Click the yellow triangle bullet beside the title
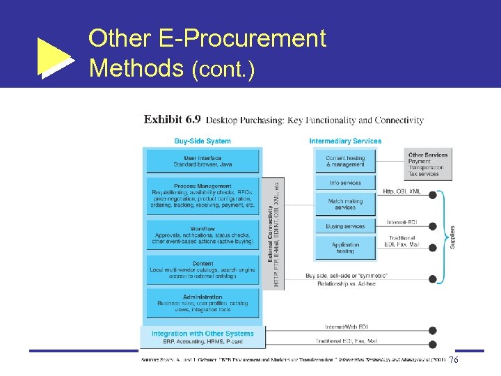pyautogui.click(x=54, y=58)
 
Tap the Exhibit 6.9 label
pyautogui.click(x=173, y=120)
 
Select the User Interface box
pyautogui.click(x=202, y=162)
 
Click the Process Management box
pyautogui.click(x=202, y=196)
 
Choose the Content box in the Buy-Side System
pyautogui.click(x=202, y=269)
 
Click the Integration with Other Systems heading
pyautogui.click(x=202, y=334)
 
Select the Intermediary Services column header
pyautogui.click(x=345, y=141)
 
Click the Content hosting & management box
pyautogui.click(x=345, y=162)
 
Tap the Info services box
pyautogui.click(x=345, y=183)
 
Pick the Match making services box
pyautogui.click(x=345, y=204)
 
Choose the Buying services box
pyautogui.click(x=345, y=226)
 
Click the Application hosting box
pyautogui.click(x=345, y=248)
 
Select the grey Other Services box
pyautogui.click(x=427, y=164)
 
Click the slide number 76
pyautogui.click(x=454, y=360)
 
